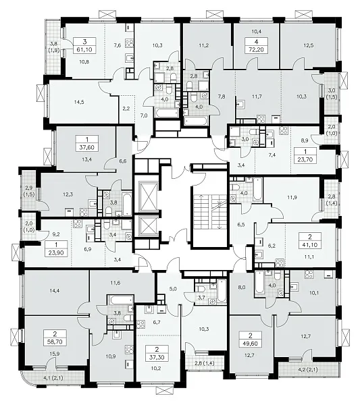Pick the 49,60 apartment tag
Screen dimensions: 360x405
pos(250,344)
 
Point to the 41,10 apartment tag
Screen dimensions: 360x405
pos(310,244)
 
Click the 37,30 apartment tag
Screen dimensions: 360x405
pos(157,357)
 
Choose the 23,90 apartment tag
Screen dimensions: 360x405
pos(56,252)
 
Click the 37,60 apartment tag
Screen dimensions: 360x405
pos(87,147)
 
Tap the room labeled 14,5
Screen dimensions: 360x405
pos(79,102)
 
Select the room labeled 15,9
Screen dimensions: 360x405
pos(55,354)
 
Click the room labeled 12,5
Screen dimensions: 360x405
pos(309,45)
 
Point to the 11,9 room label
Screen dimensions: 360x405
pos(292,197)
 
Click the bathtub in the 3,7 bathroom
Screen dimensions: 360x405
pos(222,291)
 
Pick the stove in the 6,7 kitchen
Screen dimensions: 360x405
pos(141,324)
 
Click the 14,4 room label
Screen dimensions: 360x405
pos(54,290)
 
